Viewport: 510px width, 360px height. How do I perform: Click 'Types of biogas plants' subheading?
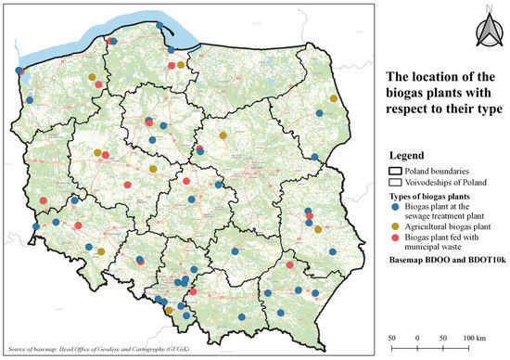tap(437, 197)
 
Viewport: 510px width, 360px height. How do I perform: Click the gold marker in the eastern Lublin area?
tap(318, 229)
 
